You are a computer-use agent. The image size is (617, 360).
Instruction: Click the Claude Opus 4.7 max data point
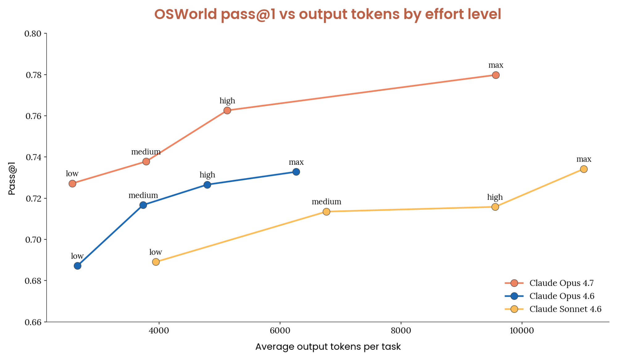496,75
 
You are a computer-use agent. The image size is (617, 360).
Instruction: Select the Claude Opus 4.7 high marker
227,110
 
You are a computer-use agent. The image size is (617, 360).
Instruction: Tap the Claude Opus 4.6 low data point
77,266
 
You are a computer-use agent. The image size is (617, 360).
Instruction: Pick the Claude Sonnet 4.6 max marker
584,169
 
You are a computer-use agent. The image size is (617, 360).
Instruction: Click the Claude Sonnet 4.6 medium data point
327,212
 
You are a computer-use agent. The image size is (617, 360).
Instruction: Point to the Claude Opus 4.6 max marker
296,172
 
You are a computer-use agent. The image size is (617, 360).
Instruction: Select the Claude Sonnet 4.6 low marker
156,262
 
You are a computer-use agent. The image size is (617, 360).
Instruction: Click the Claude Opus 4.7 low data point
72,184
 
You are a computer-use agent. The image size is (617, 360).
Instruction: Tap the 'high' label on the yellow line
495,197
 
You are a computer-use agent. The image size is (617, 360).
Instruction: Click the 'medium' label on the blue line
143,195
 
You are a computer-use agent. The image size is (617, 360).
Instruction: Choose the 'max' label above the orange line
496,65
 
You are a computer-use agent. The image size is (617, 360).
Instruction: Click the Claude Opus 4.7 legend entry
549,283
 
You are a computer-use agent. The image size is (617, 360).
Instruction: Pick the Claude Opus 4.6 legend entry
549,296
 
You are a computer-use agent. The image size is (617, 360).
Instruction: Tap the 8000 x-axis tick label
401,331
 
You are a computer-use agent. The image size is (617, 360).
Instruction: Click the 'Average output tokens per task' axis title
328,347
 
